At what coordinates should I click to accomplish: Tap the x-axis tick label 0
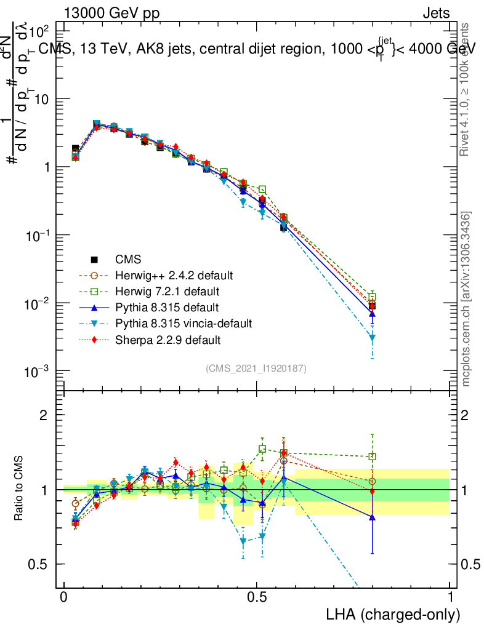(64, 597)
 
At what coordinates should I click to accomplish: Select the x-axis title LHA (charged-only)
(393, 615)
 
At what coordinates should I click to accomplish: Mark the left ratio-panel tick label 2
(44, 415)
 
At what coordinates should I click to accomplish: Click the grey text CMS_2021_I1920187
(256, 368)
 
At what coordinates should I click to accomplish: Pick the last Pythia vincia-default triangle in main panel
(372, 337)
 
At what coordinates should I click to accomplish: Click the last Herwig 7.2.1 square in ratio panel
(372, 457)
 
